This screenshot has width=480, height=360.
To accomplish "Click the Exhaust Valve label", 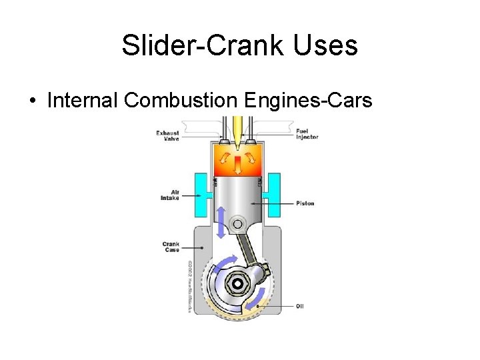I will [167, 135].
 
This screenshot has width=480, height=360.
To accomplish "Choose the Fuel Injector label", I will [307, 134].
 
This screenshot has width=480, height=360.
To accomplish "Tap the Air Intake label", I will [170, 194].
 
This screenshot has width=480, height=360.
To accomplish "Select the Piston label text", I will [305, 203].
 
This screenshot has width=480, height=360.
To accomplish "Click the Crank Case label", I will [171, 247].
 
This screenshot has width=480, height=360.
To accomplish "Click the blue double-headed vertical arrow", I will [219, 223].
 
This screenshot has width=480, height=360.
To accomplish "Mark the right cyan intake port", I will [273, 194].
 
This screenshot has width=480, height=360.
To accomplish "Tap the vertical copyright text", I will [189, 287].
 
